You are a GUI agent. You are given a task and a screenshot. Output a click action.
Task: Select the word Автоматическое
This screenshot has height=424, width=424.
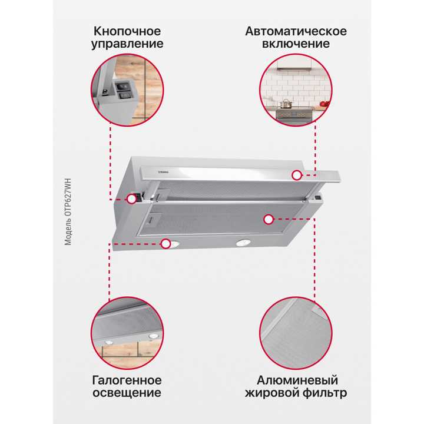[296, 31]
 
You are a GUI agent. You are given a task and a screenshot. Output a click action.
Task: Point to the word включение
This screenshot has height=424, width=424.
[296, 44]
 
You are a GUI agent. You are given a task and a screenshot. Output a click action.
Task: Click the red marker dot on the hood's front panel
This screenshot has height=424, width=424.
[297, 174]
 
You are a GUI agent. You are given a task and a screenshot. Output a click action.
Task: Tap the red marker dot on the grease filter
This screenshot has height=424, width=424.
[269, 220]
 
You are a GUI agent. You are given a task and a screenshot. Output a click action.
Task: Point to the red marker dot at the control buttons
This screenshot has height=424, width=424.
[131, 198]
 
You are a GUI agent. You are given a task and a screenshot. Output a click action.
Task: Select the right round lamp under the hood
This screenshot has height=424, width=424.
[241, 243]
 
